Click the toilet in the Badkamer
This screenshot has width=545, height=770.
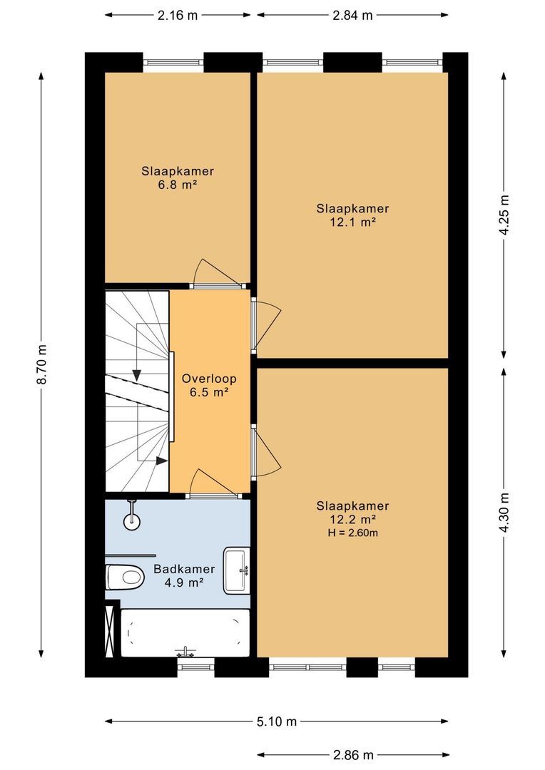pyautogui.click(x=124, y=577)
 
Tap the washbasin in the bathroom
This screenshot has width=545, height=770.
pyautogui.click(x=237, y=570)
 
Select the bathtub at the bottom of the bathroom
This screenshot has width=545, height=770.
pyautogui.click(x=185, y=633)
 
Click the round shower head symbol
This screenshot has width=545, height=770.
pyautogui.click(x=132, y=521)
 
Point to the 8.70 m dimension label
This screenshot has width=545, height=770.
pyautogui.click(x=42, y=364)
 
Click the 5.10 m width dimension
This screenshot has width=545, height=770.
pyautogui.click(x=277, y=722)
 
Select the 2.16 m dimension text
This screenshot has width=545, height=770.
pyautogui.click(x=178, y=15)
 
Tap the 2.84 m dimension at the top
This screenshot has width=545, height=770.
pyautogui.click(x=352, y=15)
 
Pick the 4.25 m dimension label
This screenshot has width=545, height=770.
pyautogui.click(x=504, y=215)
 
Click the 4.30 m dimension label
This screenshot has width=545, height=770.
pyautogui.click(x=504, y=512)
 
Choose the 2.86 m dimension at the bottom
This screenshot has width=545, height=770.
pyautogui.click(x=353, y=755)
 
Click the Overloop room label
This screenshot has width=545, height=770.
pyautogui.click(x=209, y=379)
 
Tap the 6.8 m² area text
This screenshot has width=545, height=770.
pyautogui.click(x=178, y=185)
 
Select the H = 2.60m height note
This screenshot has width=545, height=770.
pyautogui.click(x=352, y=533)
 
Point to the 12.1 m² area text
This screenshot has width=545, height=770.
pyautogui.click(x=352, y=222)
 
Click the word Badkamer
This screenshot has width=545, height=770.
pyautogui.click(x=184, y=569)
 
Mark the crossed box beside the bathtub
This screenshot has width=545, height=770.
pyautogui.click(x=111, y=632)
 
